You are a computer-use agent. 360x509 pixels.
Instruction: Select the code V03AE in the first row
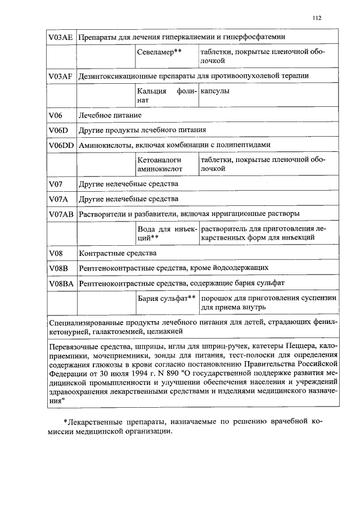(x=61, y=37)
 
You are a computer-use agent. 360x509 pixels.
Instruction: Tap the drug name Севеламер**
(x=158, y=52)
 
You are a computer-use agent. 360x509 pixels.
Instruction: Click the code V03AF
(x=61, y=76)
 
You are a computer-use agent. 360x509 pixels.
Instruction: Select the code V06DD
(x=61, y=145)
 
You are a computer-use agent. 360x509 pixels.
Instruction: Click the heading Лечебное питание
(x=110, y=115)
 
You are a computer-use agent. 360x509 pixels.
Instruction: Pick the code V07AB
(x=61, y=214)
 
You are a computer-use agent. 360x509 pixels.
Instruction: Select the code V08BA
(x=61, y=283)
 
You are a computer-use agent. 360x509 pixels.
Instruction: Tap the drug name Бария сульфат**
(x=166, y=298)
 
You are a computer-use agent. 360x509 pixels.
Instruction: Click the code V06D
(x=58, y=130)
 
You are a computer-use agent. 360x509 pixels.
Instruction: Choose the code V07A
(x=58, y=199)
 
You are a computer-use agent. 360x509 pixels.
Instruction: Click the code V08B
(x=58, y=268)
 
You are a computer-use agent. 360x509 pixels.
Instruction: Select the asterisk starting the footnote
(x=65, y=421)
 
